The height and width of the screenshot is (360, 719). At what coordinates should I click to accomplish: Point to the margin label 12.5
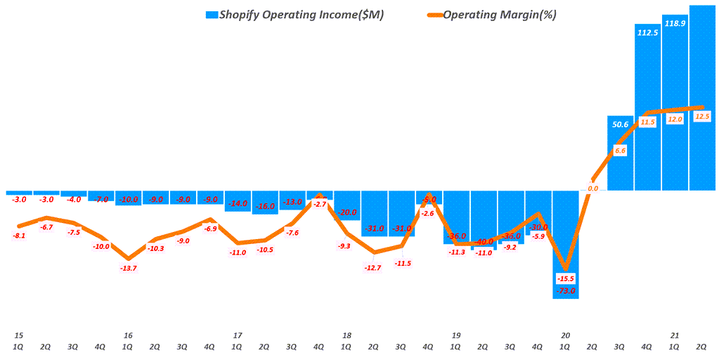pyautogui.click(x=702, y=117)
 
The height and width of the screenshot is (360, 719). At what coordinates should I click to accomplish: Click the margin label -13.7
pyautogui.click(x=129, y=269)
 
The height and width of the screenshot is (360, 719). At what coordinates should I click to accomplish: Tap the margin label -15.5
pyautogui.click(x=566, y=279)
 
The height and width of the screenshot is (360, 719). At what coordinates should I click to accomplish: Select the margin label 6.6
pyautogui.click(x=620, y=150)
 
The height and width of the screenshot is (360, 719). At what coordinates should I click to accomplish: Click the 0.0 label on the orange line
pyautogui.click(x=592, y=188)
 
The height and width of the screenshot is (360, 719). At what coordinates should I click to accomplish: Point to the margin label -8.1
pyautogui.click(x=19, y=236)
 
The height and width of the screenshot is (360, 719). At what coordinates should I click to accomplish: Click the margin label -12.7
pyautogui.click(x=373, y=267)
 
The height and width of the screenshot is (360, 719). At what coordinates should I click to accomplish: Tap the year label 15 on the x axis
pyautogui.click(x=18, y=335)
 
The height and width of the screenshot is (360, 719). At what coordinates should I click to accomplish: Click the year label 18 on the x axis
pyautogui.click(x=346, y=335)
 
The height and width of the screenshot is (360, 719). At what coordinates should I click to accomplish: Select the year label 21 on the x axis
pyautogui.click(x=674, y=335)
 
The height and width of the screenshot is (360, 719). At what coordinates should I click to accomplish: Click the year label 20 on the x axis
pyautogui.click(x=565, y=335)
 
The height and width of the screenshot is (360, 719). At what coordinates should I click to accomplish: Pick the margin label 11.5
pyautogui.click(x=647, y=122)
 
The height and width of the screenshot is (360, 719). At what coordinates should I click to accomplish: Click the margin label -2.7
pyautogui.click(x=319, y=204)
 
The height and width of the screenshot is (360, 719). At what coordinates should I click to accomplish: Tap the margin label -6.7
pyautogui.click(x=46, y=228)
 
